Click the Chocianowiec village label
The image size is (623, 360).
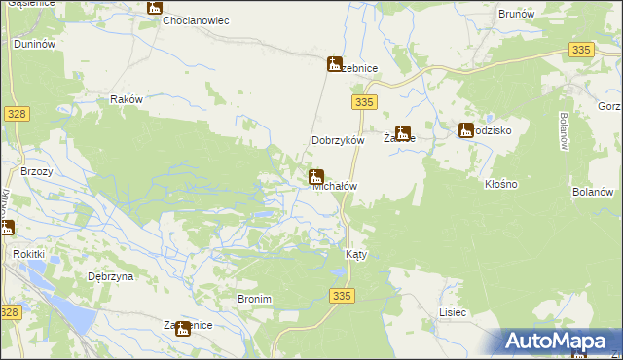tap(196, 20)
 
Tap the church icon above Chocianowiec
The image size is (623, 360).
tap(155, 7)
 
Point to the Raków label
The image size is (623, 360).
tap(128, 99)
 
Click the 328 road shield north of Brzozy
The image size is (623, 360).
tap(17, 114)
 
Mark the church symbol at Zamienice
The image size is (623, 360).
tap(182, 329)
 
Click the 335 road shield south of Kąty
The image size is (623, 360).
tap(340, 295)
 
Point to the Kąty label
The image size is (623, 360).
tap(356, 254)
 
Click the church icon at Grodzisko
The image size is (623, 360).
tap(466, 129)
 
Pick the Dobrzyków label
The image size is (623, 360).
tap(337, 140)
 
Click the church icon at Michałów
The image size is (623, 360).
tap(315, 176)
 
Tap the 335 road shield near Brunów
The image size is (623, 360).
tap(582, 49)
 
